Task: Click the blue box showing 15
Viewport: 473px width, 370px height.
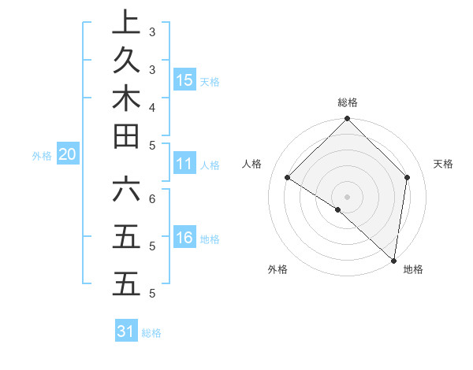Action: click(184, 80)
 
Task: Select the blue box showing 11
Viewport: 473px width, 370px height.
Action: click(184, 164)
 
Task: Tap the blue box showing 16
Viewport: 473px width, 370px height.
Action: click(184, 239)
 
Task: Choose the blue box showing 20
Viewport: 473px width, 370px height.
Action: click(68, 155)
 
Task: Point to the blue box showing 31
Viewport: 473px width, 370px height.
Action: click(126, 331)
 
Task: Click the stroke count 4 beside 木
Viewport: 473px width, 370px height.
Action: click(152, 106)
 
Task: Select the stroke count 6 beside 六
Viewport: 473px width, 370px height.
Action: click(152, 198)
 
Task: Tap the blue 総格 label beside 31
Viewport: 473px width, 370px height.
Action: click(151, 333)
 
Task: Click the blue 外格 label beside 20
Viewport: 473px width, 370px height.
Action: click(42, 156)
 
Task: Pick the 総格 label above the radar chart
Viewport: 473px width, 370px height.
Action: click(348, 102)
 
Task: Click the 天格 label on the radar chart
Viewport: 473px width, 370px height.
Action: click(443, 164)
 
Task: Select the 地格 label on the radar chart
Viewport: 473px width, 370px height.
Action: click(413, 269)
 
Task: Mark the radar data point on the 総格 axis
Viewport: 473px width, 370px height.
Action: click(348, 120)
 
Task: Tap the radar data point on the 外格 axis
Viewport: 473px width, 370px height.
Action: click(338, 209)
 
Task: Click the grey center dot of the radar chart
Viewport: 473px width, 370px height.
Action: click(348, 196)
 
